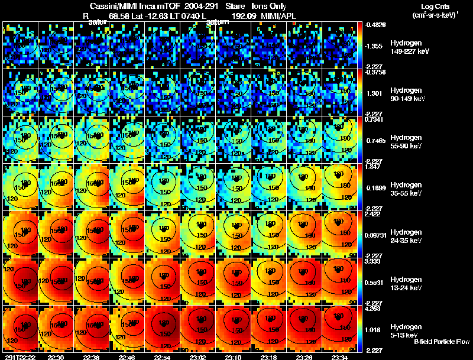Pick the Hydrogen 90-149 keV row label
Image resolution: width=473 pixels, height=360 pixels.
click(408, 94)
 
